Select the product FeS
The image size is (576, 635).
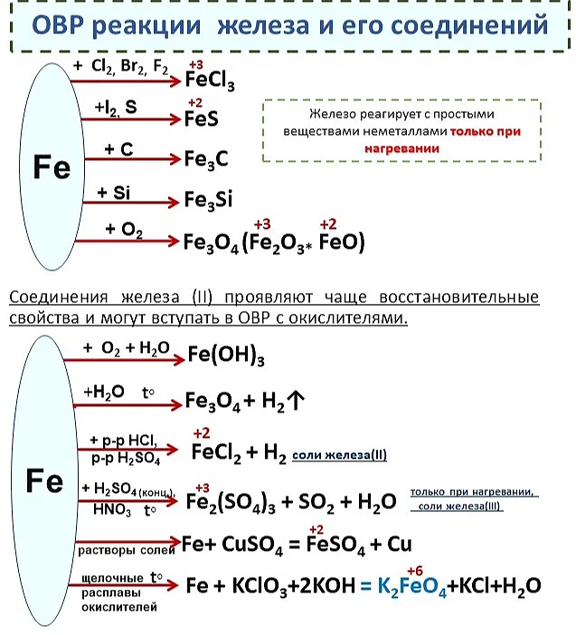click(x=201, y=119)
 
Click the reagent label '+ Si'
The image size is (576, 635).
click(x=116, y=191)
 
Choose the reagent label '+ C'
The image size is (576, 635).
click(x=118, y=150)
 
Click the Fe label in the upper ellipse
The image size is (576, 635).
click(x=52, y=167)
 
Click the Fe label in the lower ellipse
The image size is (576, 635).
click(x=44, y=479)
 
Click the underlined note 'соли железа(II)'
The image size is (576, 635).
click(x=338, y=455)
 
